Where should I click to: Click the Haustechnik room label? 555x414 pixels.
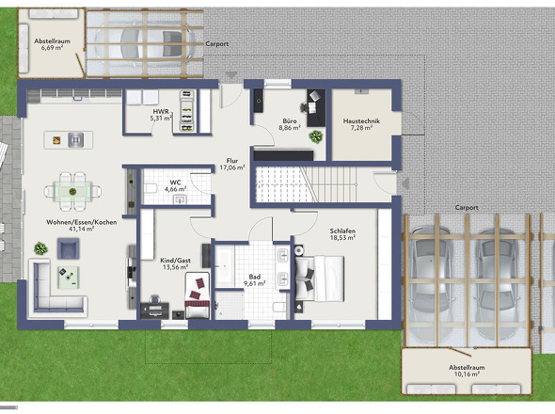pyautogui.click(x=361, y=121)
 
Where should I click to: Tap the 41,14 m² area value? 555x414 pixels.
pyautogui.click(x=82, y=230)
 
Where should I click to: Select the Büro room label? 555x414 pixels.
pyautogui.click(x=290, y=121)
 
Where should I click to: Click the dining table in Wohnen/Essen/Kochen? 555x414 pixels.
pyautogui.click(x=72, y=192)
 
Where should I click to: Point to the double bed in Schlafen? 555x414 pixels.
pyautogui.click(x=319, y=279)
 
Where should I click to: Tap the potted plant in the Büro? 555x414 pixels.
pyautogui.click(x=316, y=136)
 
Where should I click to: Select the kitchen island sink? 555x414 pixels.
pyautogui.click(x=75, y=140)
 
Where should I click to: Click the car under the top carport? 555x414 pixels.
pyautogui.click(x=145, y=43)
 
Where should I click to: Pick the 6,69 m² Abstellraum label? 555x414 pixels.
pyautogui.click(x=52, y=44)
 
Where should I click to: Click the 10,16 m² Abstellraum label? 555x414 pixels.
pyautogui.click(x=467, y=371)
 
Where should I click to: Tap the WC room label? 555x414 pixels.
pyautogui.click(x=175, y=183)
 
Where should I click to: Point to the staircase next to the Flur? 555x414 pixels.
pyautogui.click(x=306, y=184)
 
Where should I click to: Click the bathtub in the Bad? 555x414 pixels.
pyautogui.click(x=225, y=266)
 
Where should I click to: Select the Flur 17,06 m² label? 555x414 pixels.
pyautogui.click(x=232, y=165)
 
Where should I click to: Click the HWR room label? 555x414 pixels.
pyautogui.click(x=161, y=112)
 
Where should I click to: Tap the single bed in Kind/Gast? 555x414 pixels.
pyautogui.click(x=198, y=295)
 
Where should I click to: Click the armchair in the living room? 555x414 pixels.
pyautogui.click(x=69, y=248)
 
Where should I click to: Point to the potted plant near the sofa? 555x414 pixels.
pyautogui.click(x=40, y=248)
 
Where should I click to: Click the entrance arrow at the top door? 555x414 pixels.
pyautogui.click(x=231, y=75)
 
